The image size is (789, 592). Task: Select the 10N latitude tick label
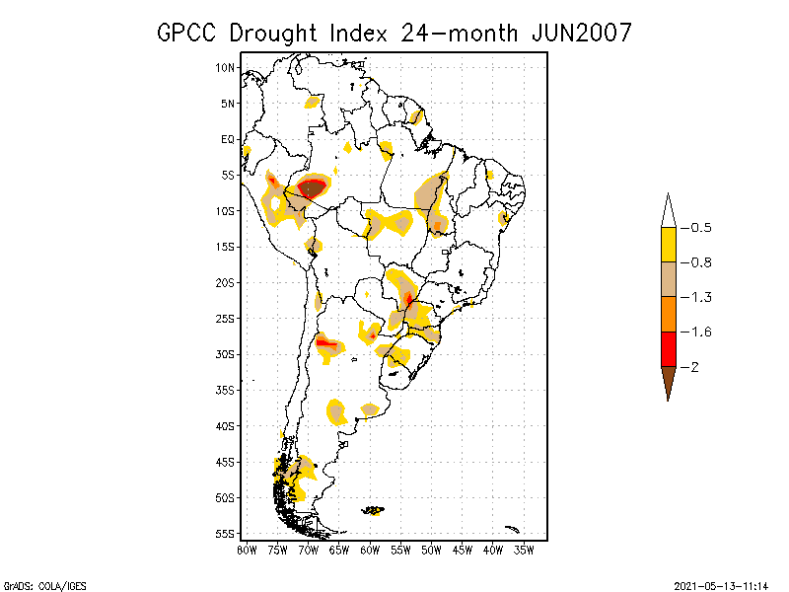click(226, 67)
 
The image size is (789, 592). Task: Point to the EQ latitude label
click(228, 139)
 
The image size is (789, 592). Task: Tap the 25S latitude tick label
click(226, 318)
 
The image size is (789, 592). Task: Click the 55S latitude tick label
click(226, 533)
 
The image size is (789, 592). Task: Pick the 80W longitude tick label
click(247, 550)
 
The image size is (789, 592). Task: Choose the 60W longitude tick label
click(370, 550)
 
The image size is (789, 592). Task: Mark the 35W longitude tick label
click(524, 550)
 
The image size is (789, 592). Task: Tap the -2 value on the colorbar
click(692, 367)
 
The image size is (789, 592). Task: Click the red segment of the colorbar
click(668, 348)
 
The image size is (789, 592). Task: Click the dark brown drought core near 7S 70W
click(313, 187)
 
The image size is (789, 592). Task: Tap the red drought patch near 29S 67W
click(325, 342)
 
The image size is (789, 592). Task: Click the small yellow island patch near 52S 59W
click(375, 511)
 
